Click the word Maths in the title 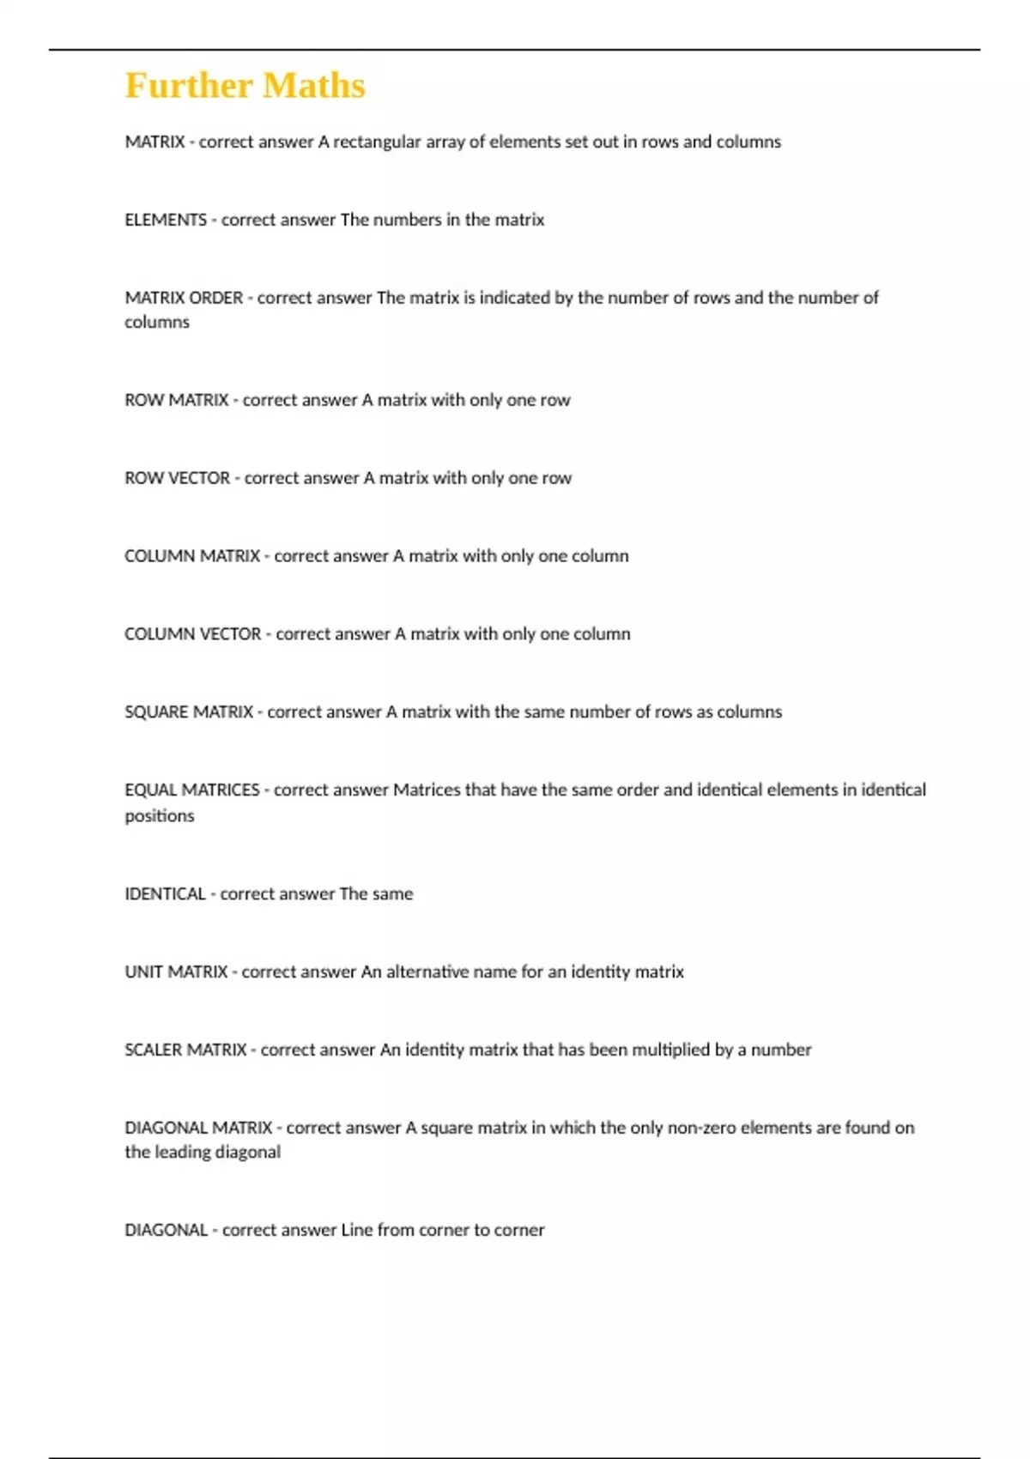[314, 86]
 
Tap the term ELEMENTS [166, 221]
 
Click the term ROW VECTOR [177, 478]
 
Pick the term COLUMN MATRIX [192, 556]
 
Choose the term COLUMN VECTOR [192, 634]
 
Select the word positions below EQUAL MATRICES [160, 816]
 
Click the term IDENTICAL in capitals [165, 894]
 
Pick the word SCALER [153, 1050]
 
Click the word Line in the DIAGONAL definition [356, 1231]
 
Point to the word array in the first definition [445, 142]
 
